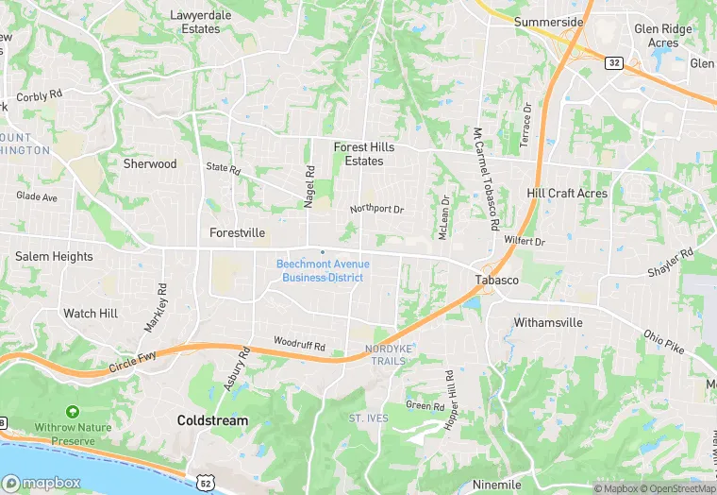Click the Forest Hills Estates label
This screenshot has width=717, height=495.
coord(364,154)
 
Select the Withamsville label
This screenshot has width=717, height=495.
coord(548,322)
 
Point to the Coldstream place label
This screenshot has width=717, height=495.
coord(212,419)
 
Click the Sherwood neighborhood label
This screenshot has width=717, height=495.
coord(150,163)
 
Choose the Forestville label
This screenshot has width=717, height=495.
coord(237,232)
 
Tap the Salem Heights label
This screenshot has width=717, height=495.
coord(54,256)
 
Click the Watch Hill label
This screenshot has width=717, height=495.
coord(91,313)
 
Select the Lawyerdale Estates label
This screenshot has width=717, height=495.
coord(194,22)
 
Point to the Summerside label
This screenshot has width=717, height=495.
coord(548,21)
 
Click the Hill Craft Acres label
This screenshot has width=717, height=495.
coord(567,193)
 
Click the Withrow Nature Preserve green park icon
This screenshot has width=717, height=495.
coord(73,413)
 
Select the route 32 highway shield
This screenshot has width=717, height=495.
coord(614,62)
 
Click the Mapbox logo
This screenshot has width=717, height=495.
coord(41,483)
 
